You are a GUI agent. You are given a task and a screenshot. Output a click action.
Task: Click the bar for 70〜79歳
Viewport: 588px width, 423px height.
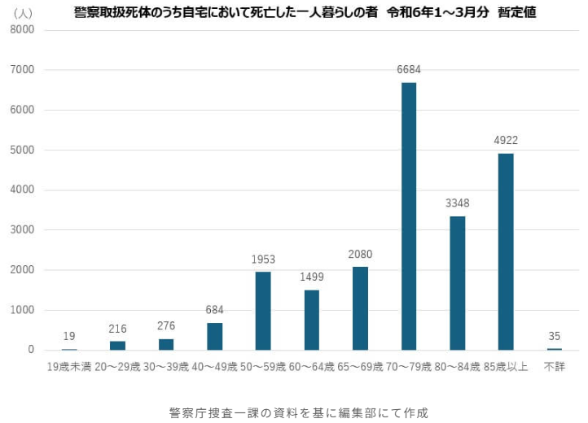coord(408,216)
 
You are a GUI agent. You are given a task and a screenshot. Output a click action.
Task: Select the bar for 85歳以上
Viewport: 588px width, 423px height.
coord(506,251)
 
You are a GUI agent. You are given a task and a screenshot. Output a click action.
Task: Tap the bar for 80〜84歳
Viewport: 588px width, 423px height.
coord(457,283)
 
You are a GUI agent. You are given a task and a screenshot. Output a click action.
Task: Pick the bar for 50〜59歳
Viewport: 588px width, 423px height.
coord(263,311)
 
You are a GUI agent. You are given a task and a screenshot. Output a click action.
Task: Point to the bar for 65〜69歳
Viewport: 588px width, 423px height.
coord(360,308)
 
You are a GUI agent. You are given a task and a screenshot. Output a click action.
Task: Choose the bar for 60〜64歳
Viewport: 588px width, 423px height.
coord(312,320)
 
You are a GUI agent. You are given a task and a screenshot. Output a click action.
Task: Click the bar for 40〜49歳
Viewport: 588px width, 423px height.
coord(214,336)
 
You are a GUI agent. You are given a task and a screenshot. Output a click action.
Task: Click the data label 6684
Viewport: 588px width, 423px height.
coord(409,70)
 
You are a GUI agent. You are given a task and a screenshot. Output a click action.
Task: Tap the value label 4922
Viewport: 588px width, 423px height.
coord(506,141)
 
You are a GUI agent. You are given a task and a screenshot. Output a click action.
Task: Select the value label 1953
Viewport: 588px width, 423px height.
coord(263,259)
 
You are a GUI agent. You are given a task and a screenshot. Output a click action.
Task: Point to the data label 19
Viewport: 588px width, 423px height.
coord(69,336)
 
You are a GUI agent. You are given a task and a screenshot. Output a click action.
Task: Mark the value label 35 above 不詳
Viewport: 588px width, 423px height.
coord(555,335)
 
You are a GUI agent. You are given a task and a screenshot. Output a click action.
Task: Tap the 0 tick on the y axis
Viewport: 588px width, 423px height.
coord(30,350)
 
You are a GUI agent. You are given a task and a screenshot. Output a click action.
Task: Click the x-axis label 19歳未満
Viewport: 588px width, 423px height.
coord(69,367)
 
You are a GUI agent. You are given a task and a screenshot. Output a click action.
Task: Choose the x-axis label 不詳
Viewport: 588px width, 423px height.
coord(555,367)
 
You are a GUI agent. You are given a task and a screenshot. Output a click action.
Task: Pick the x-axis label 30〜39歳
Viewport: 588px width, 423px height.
coord(166,367)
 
